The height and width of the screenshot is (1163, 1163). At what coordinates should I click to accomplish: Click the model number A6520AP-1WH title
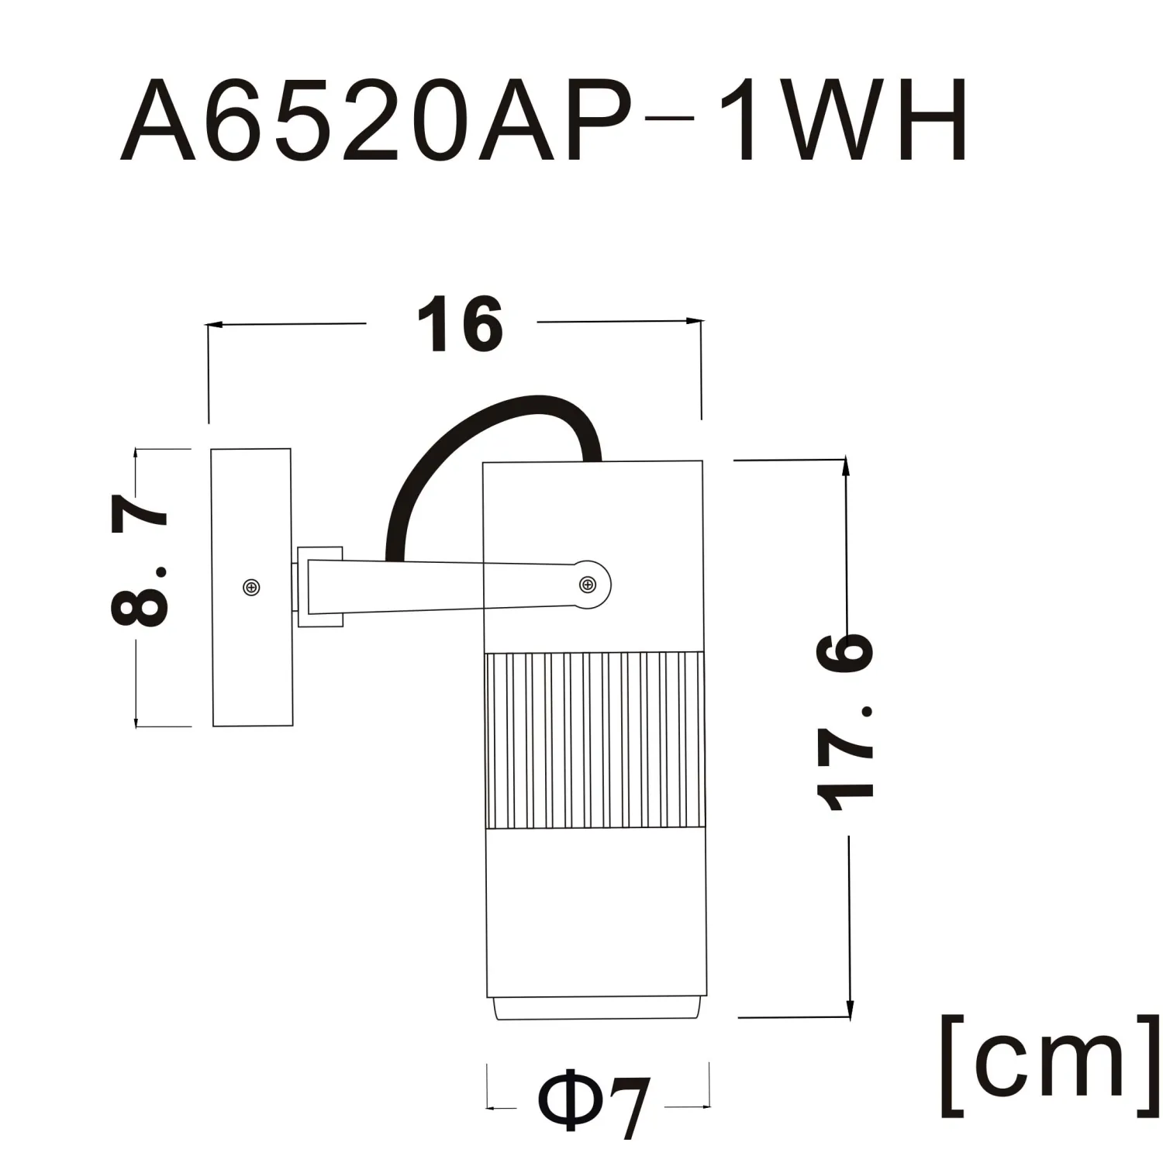click(543, 120)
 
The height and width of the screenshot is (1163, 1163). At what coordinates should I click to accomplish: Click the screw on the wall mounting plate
click(251, 588)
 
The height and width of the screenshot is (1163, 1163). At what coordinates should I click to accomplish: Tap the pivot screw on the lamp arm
click(587, 584)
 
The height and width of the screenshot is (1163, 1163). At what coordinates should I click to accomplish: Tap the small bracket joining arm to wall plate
click(319, 586)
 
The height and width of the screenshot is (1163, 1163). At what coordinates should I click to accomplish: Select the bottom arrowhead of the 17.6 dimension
click(850, 1009)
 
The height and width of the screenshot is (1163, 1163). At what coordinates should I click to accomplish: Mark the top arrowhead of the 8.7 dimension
click(136, 455)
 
